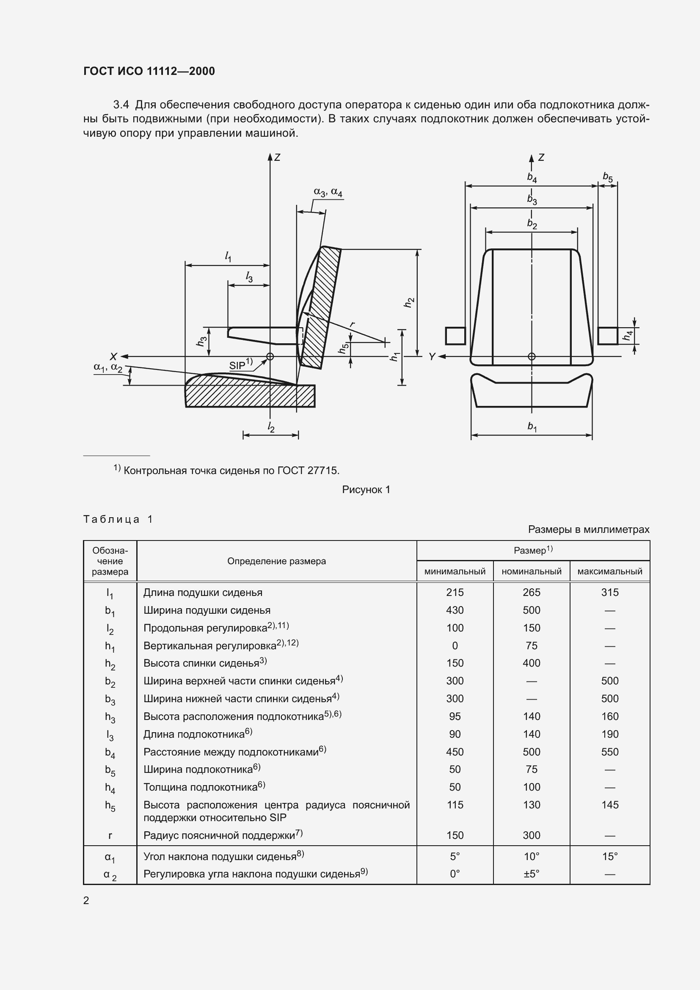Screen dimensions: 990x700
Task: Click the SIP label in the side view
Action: [237, 365]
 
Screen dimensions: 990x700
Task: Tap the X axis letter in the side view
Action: [113, 356]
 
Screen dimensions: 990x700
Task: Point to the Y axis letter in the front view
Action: [432, 356]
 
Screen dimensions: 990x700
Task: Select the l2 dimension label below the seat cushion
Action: [271, 427]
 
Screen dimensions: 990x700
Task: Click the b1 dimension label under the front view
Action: [532, 427]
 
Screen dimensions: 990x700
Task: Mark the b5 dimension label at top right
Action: [607, 176]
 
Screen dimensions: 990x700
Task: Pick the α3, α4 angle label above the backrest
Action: [328, 192]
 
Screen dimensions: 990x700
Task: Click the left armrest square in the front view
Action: [455, 336]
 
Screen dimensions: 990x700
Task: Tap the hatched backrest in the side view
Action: [321, 306]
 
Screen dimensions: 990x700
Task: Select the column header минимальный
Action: [455, 571]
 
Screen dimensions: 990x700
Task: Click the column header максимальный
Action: [609, 571]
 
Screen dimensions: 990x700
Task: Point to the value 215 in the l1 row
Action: [455, 593]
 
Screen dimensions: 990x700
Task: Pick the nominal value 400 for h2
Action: [532, 663]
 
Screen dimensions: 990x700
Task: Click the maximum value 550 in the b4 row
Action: [609, 752]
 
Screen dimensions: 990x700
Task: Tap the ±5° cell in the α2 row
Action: [532, 874]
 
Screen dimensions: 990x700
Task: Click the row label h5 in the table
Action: [110, 805]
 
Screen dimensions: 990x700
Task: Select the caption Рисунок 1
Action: [366, 489]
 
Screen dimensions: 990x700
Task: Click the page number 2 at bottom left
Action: [86, 900]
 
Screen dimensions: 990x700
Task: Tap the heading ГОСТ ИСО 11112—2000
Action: [149, 71]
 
